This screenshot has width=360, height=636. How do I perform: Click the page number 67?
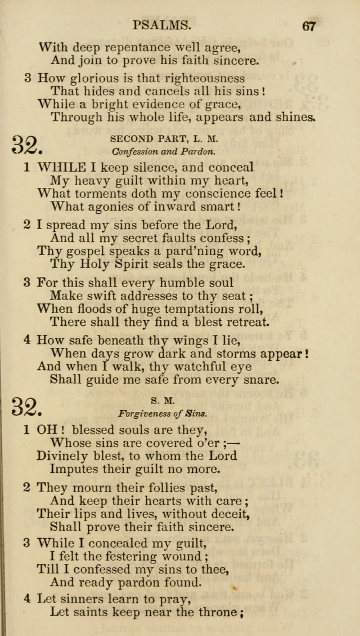pyautogui.click(x=309, y=26)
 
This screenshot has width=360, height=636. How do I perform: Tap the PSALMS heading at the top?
pyautogui.click(x=163, y=25)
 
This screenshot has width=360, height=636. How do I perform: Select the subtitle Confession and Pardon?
pyautogui.click(x=164, y=151)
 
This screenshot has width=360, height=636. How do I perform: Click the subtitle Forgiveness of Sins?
pyautogui.click(x=163, y=413)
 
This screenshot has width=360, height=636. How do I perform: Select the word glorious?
pyautogui.click(x=97, y=78)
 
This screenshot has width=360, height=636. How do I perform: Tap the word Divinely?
pyautogui.click(x=62, y=455)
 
